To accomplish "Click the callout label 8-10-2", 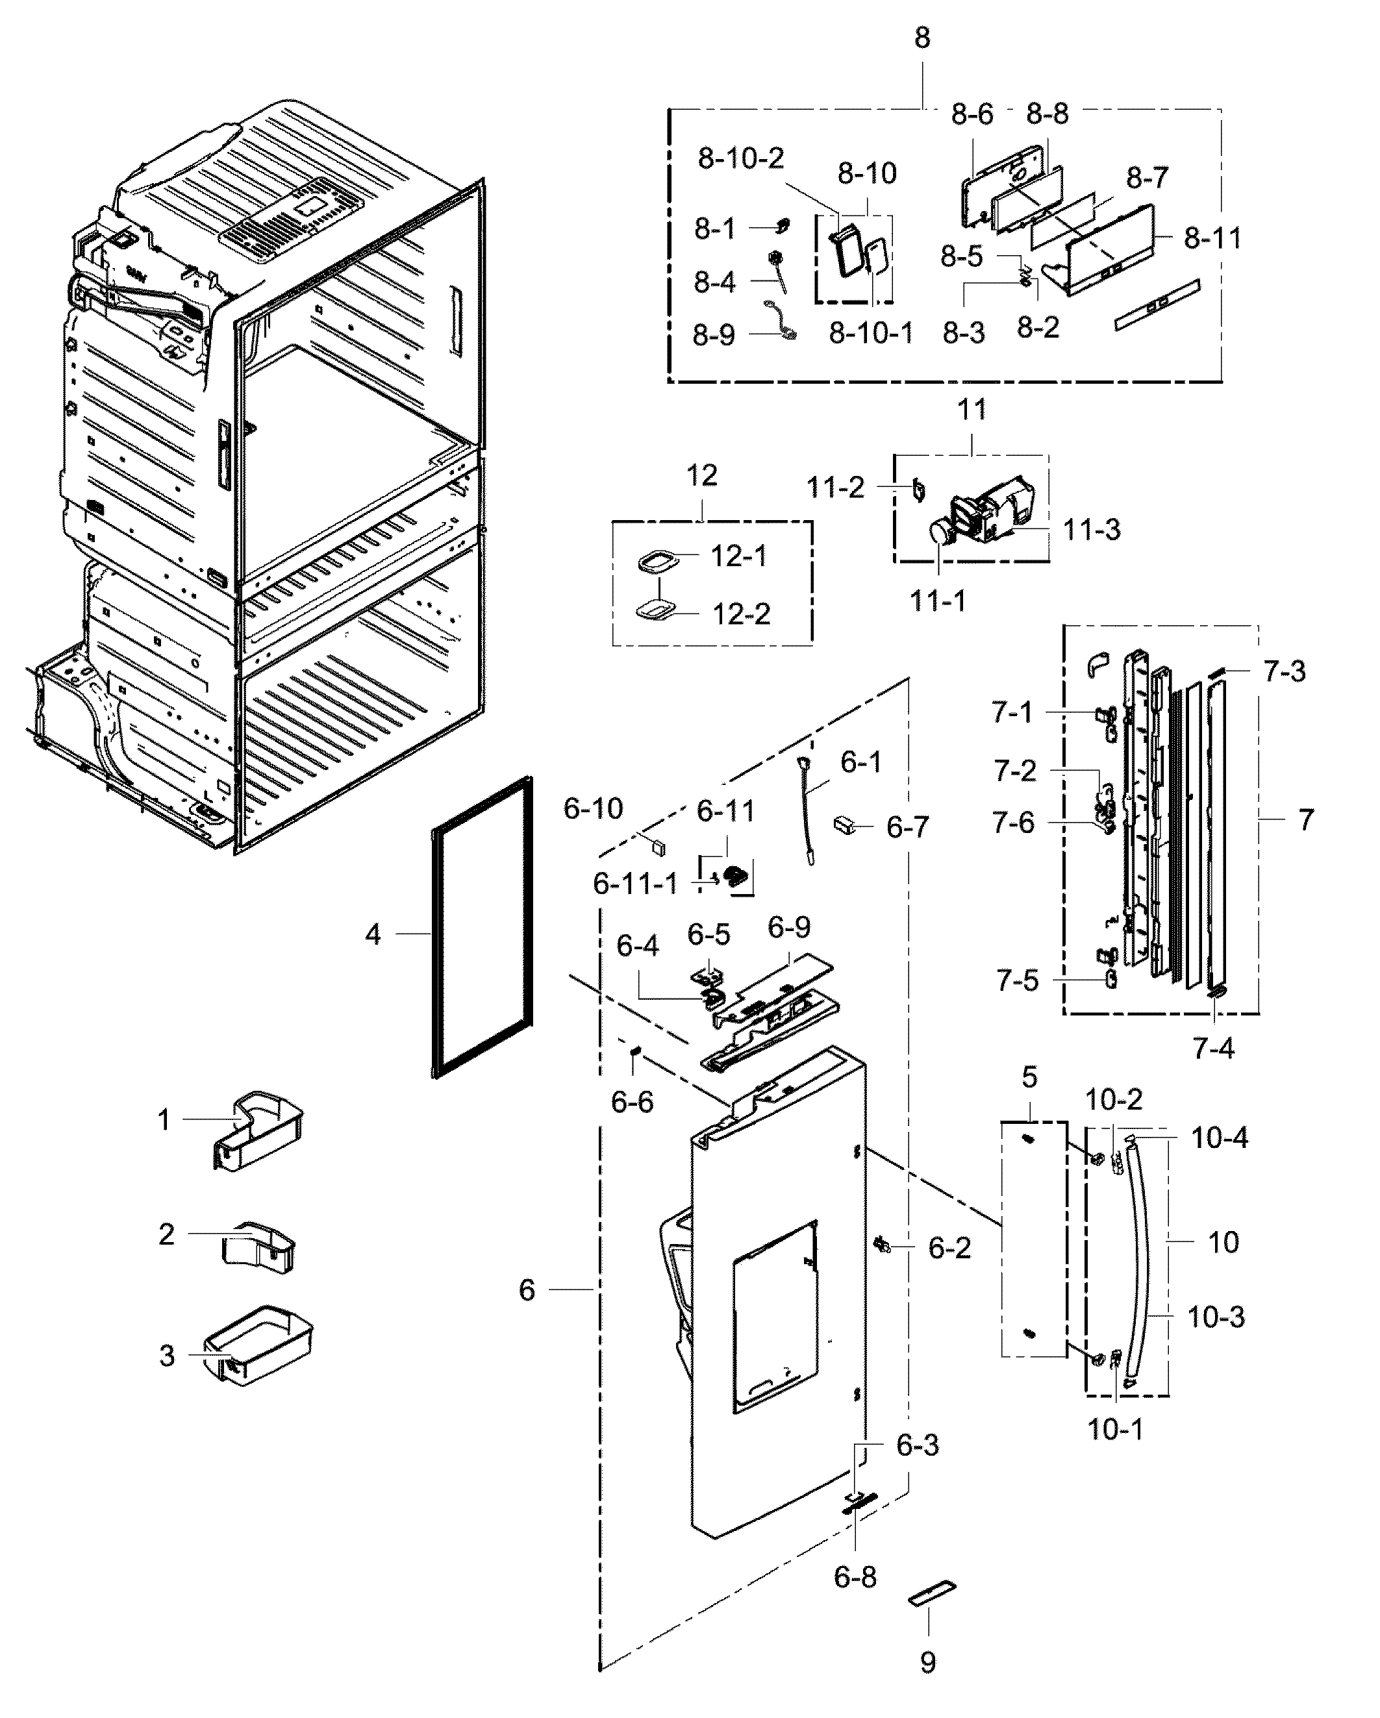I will (x=740, y=158).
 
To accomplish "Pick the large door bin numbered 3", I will (x=258, y=1354).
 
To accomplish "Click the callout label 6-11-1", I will (x=635, y=884).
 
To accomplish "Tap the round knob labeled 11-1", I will (x=942, y=532).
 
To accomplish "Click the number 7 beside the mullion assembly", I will (x=1305, y=820).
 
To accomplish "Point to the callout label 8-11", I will (x=1212, y=238).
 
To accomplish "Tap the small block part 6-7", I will (x=845, y=824).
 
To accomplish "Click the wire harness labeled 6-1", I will (x=808, y=813).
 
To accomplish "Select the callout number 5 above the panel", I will (x=1029, y=1077).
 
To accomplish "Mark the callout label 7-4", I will (x=1212, y=1049).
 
